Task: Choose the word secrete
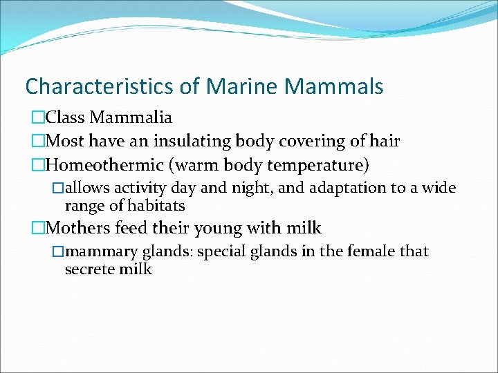pos(91,269)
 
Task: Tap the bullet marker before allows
pos(59,188)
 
